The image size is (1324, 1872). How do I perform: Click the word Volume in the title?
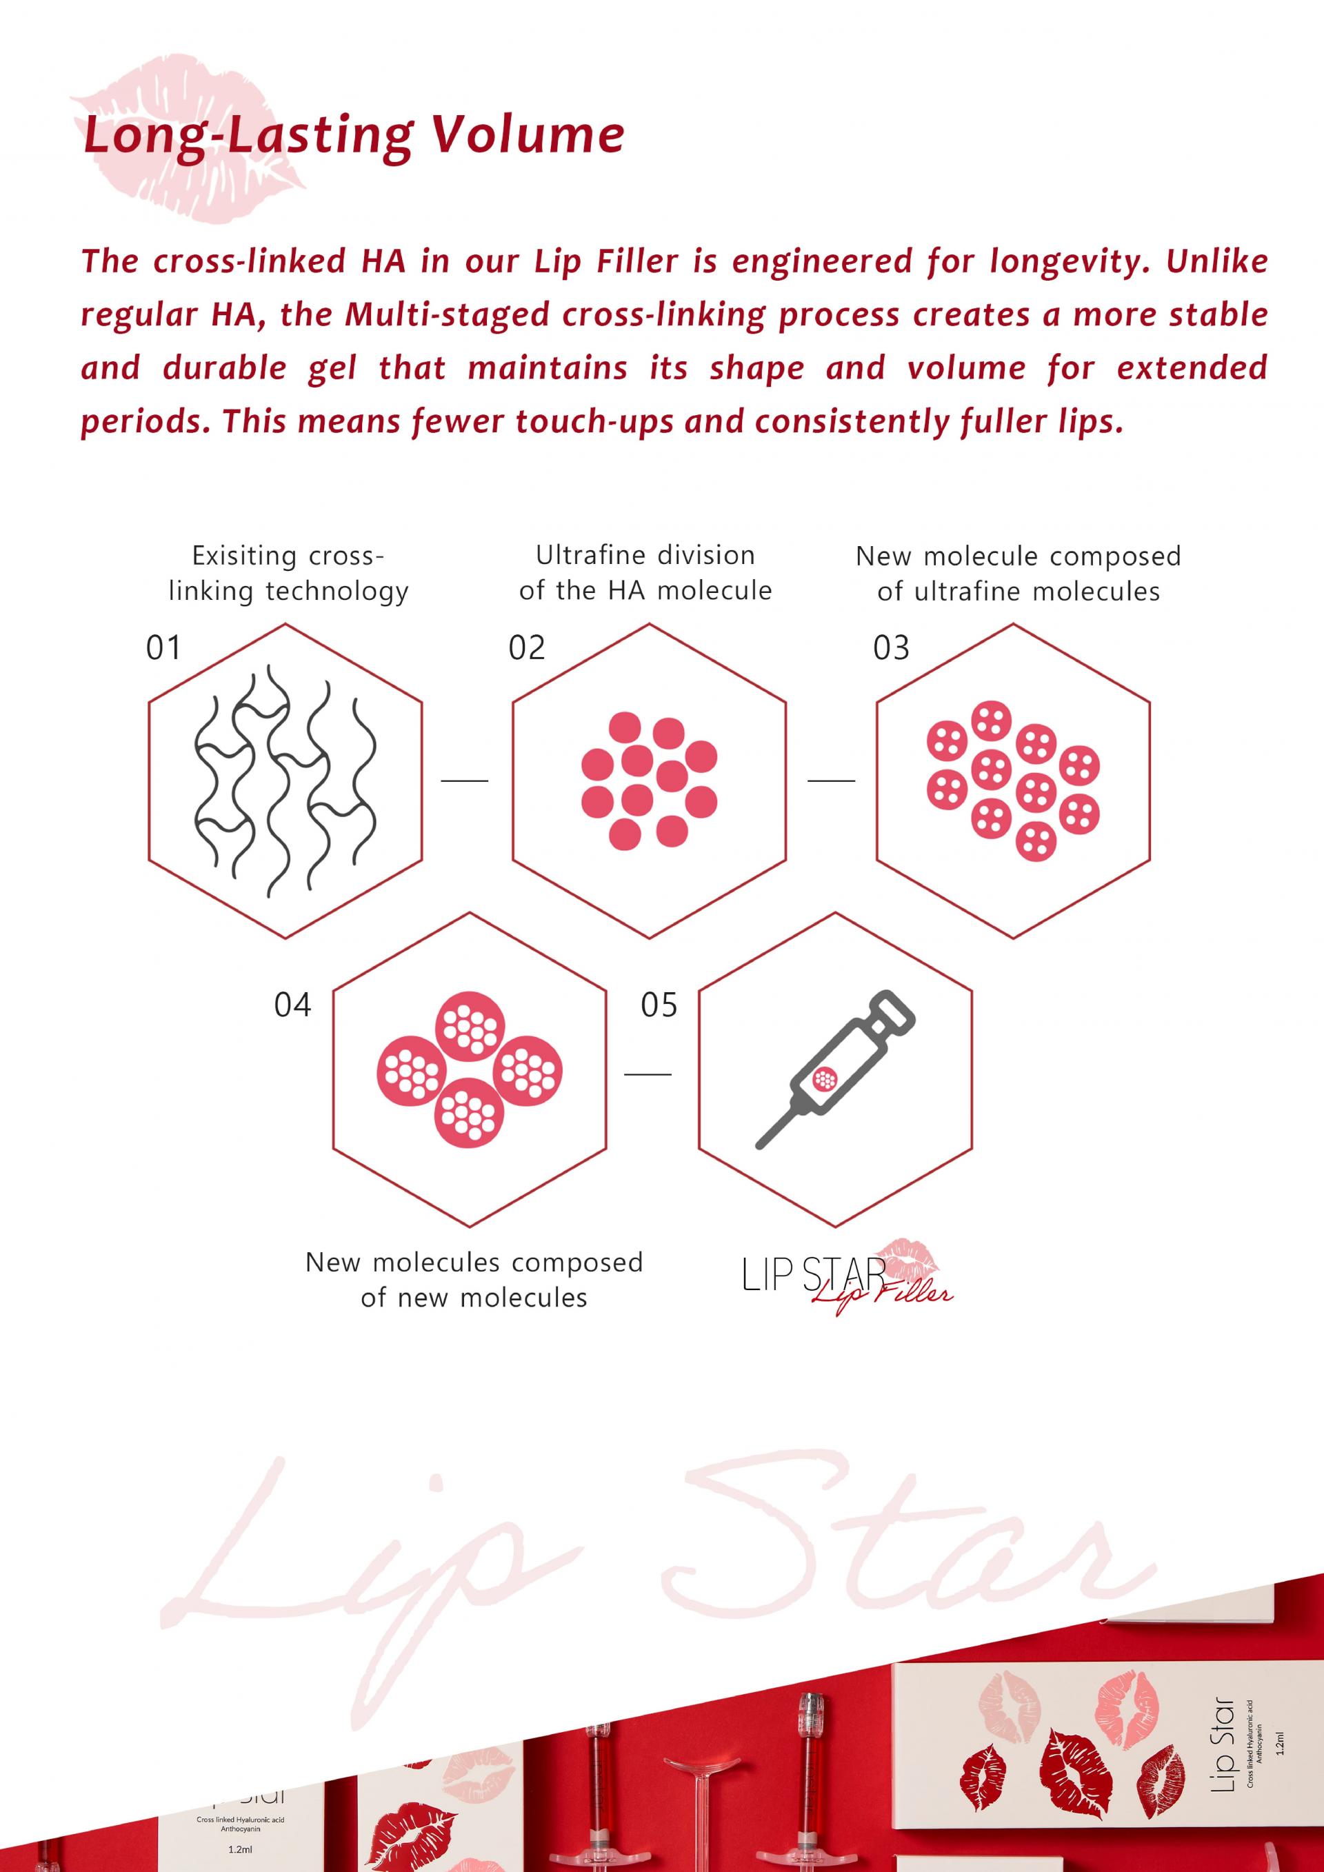528,134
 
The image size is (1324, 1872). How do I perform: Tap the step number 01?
163,648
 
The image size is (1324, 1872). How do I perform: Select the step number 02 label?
527,648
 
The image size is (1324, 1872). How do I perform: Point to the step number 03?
891,648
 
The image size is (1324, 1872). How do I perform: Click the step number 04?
292,1005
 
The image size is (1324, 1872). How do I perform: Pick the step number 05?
659,1005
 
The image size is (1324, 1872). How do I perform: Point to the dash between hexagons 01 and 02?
465,781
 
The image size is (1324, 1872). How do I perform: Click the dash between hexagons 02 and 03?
831,781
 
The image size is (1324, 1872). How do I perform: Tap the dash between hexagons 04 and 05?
648,1074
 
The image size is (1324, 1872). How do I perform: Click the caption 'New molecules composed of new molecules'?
474,1280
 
